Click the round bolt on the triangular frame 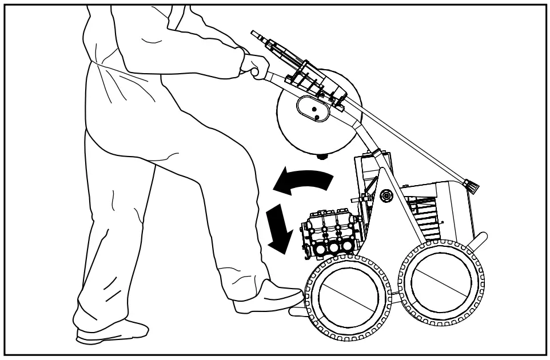click(386, 195)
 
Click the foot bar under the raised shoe click(297, 311)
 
